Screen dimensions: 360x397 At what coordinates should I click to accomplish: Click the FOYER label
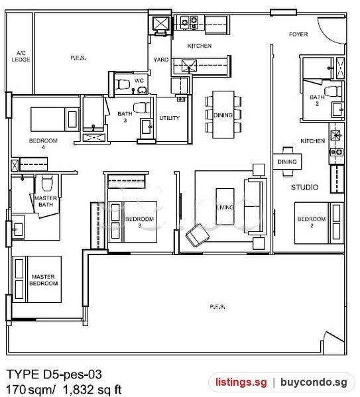tap(298, 34)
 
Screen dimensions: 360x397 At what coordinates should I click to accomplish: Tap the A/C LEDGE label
tap(21, 56)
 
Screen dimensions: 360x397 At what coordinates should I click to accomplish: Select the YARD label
tap(161, 60)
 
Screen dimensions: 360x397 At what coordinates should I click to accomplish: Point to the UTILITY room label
tap(169, 118)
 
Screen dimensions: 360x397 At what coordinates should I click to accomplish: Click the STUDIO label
tap(304, 188)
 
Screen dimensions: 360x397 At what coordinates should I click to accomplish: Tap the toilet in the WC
tap(122, 84)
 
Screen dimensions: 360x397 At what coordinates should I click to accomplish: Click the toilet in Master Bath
tap(47, 182)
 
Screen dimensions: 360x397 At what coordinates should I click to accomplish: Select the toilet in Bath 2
tap(333, 91)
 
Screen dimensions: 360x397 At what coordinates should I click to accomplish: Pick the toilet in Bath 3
tap(142, 107)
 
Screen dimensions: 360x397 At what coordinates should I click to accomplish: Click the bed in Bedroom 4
tap(55, 119)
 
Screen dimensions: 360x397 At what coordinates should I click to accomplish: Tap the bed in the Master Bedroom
tap(36, 279)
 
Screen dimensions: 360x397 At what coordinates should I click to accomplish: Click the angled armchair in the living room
tap(198, 235)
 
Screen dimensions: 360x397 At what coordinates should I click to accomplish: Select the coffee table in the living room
tap(225, 207)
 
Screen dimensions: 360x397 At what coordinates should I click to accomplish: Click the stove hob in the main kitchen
tap(189, 22)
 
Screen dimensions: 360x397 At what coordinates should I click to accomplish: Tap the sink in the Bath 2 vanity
tap(337, 109)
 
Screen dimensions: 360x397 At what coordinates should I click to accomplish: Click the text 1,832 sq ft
tap(92, 390)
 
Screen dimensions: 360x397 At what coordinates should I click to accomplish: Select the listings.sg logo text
tap(241, 382)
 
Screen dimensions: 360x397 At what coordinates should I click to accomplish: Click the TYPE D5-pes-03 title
tap(54, 374)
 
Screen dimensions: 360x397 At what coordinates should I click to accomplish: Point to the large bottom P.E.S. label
tap(217, 307)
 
